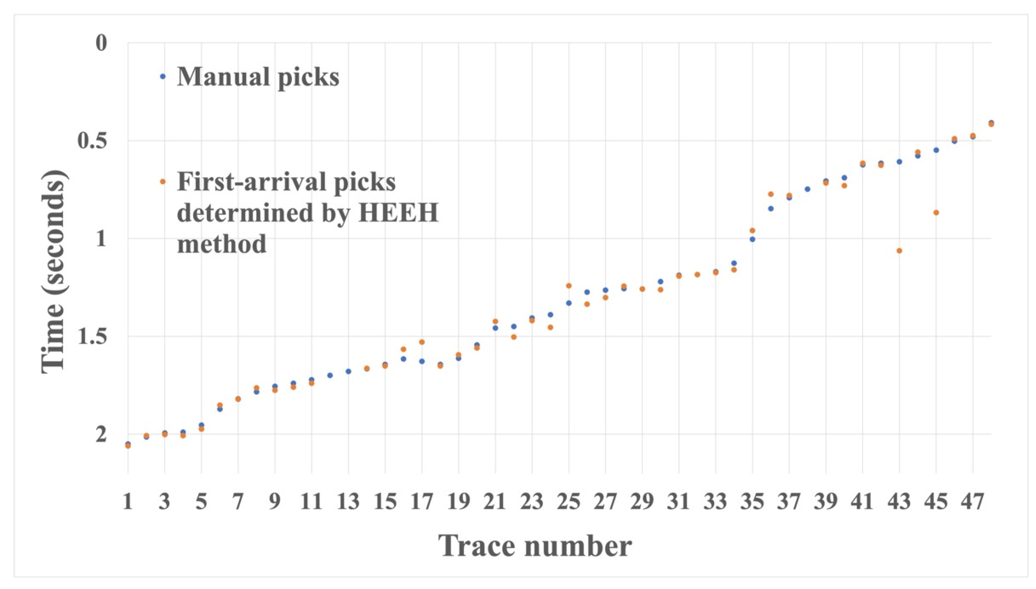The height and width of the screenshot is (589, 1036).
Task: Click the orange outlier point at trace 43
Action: click(899, 251)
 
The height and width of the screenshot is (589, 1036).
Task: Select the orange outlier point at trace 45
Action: click(936, 212)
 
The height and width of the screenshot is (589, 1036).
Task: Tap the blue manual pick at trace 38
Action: click(807, 189)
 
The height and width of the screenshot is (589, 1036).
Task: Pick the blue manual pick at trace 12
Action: click(330, 375)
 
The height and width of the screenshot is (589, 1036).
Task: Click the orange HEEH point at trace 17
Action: click(422, 342)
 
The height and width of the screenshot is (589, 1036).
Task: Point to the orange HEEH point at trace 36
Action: click(771, 194)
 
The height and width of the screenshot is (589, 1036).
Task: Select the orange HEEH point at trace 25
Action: click(568, 285)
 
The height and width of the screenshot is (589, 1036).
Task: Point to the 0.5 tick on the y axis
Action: click(93, 141)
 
